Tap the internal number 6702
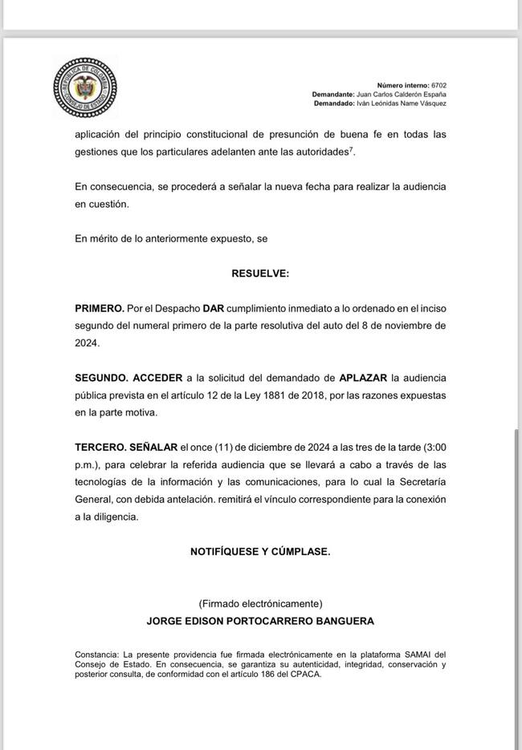tap(438, 85)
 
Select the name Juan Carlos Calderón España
tap(401, 94)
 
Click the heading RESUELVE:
tap(260, 274)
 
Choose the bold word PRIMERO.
tap(100, 308)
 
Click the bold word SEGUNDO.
tap(100, 377)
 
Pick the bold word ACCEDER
tap(157, 377)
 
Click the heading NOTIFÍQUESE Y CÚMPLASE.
tap(260, 551)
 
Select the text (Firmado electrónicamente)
tap(260, 603)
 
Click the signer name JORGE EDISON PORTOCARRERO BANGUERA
tap(260, 621)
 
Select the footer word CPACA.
tap(306, 674)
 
